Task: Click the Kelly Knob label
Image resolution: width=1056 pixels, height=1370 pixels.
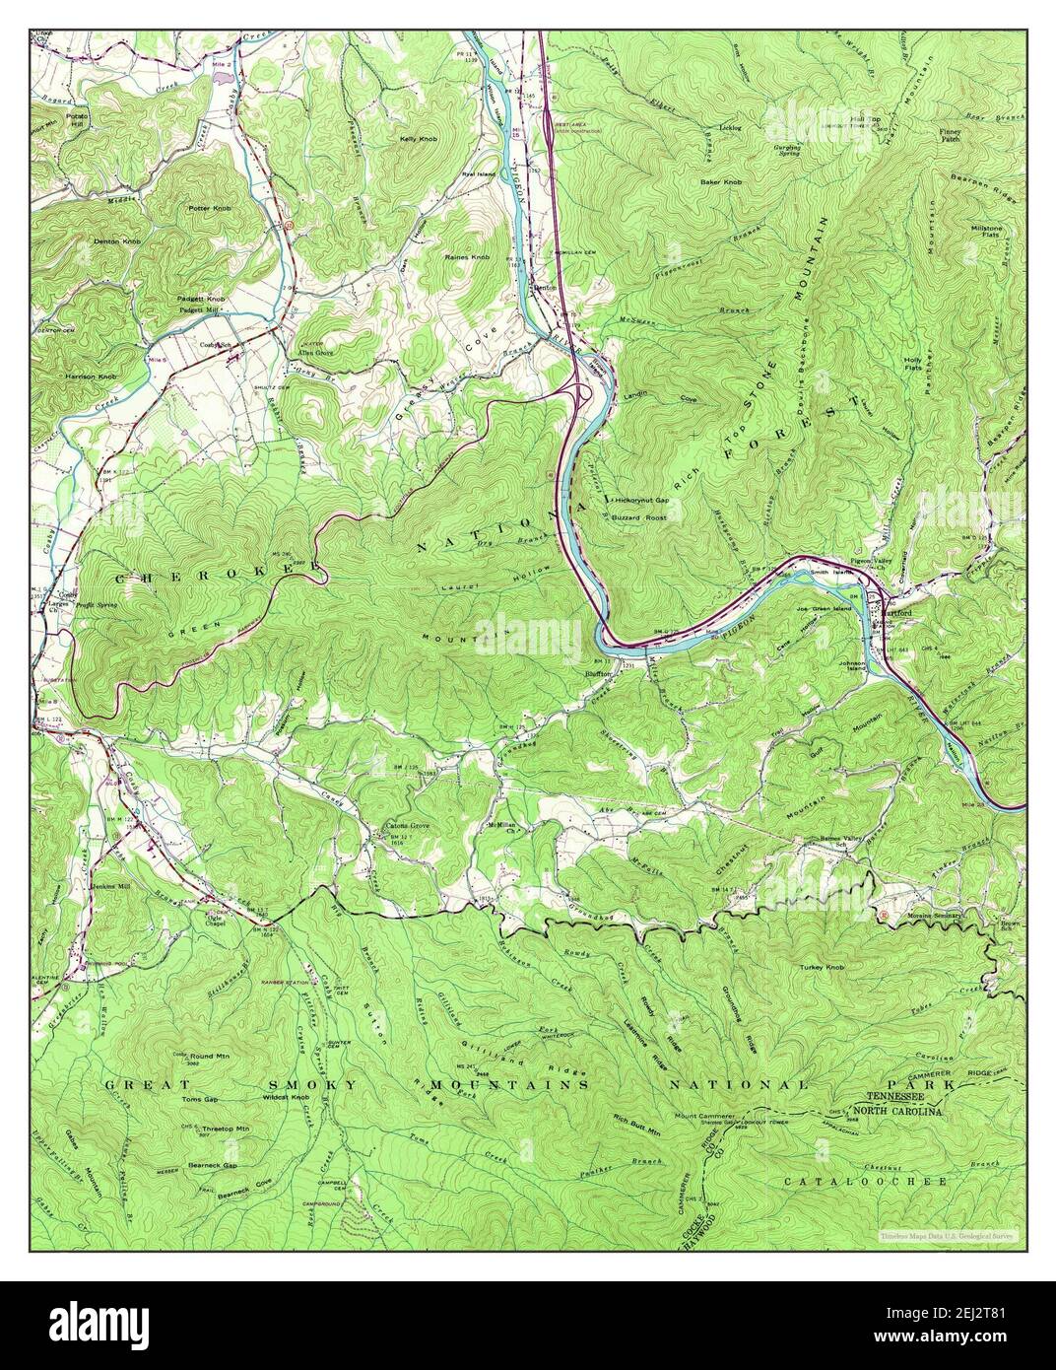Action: click(418, 139)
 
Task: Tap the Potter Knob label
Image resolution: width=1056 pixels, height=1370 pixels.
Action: click(210, 209)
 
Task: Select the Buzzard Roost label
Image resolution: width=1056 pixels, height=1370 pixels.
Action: click(638, 517)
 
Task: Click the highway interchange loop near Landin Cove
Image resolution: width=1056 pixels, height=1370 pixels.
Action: click(582, 394)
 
